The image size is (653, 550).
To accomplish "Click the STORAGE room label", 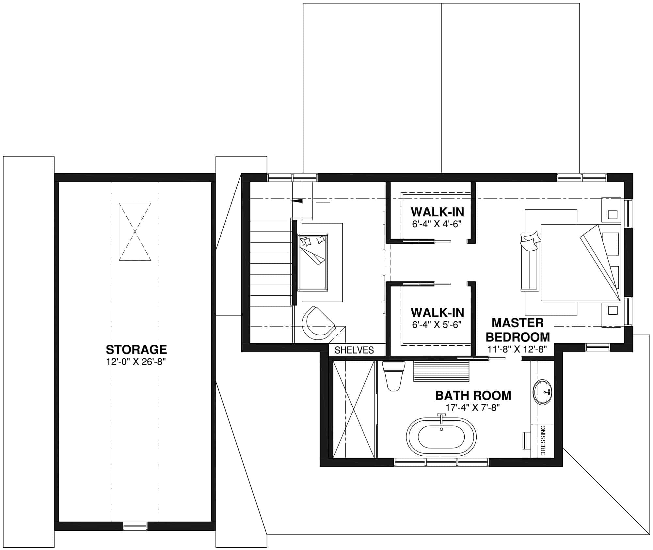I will click(136, 350).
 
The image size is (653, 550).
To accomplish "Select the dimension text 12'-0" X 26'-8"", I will click(136, 362).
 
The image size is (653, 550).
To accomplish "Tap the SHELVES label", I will click(354, 350).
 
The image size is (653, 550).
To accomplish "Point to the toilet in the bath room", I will click(393, 376).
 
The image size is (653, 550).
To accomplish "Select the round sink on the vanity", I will click(542, 392).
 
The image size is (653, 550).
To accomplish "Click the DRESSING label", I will click(543, 440).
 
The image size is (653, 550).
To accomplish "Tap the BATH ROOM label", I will click(473, 396).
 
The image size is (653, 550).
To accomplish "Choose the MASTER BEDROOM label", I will click(518, 330).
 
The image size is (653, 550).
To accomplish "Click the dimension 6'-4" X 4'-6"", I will click(437, 224).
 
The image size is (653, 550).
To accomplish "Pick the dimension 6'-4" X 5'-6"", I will click(437, 325).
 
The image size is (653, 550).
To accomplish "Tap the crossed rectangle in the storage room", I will click(135, 231).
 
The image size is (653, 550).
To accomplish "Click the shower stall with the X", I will click(353, 409).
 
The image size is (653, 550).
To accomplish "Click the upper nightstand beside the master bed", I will click(611, 210).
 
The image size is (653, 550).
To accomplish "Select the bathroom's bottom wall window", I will click(441, 462).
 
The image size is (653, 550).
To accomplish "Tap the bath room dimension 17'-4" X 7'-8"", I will click(473, 408).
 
